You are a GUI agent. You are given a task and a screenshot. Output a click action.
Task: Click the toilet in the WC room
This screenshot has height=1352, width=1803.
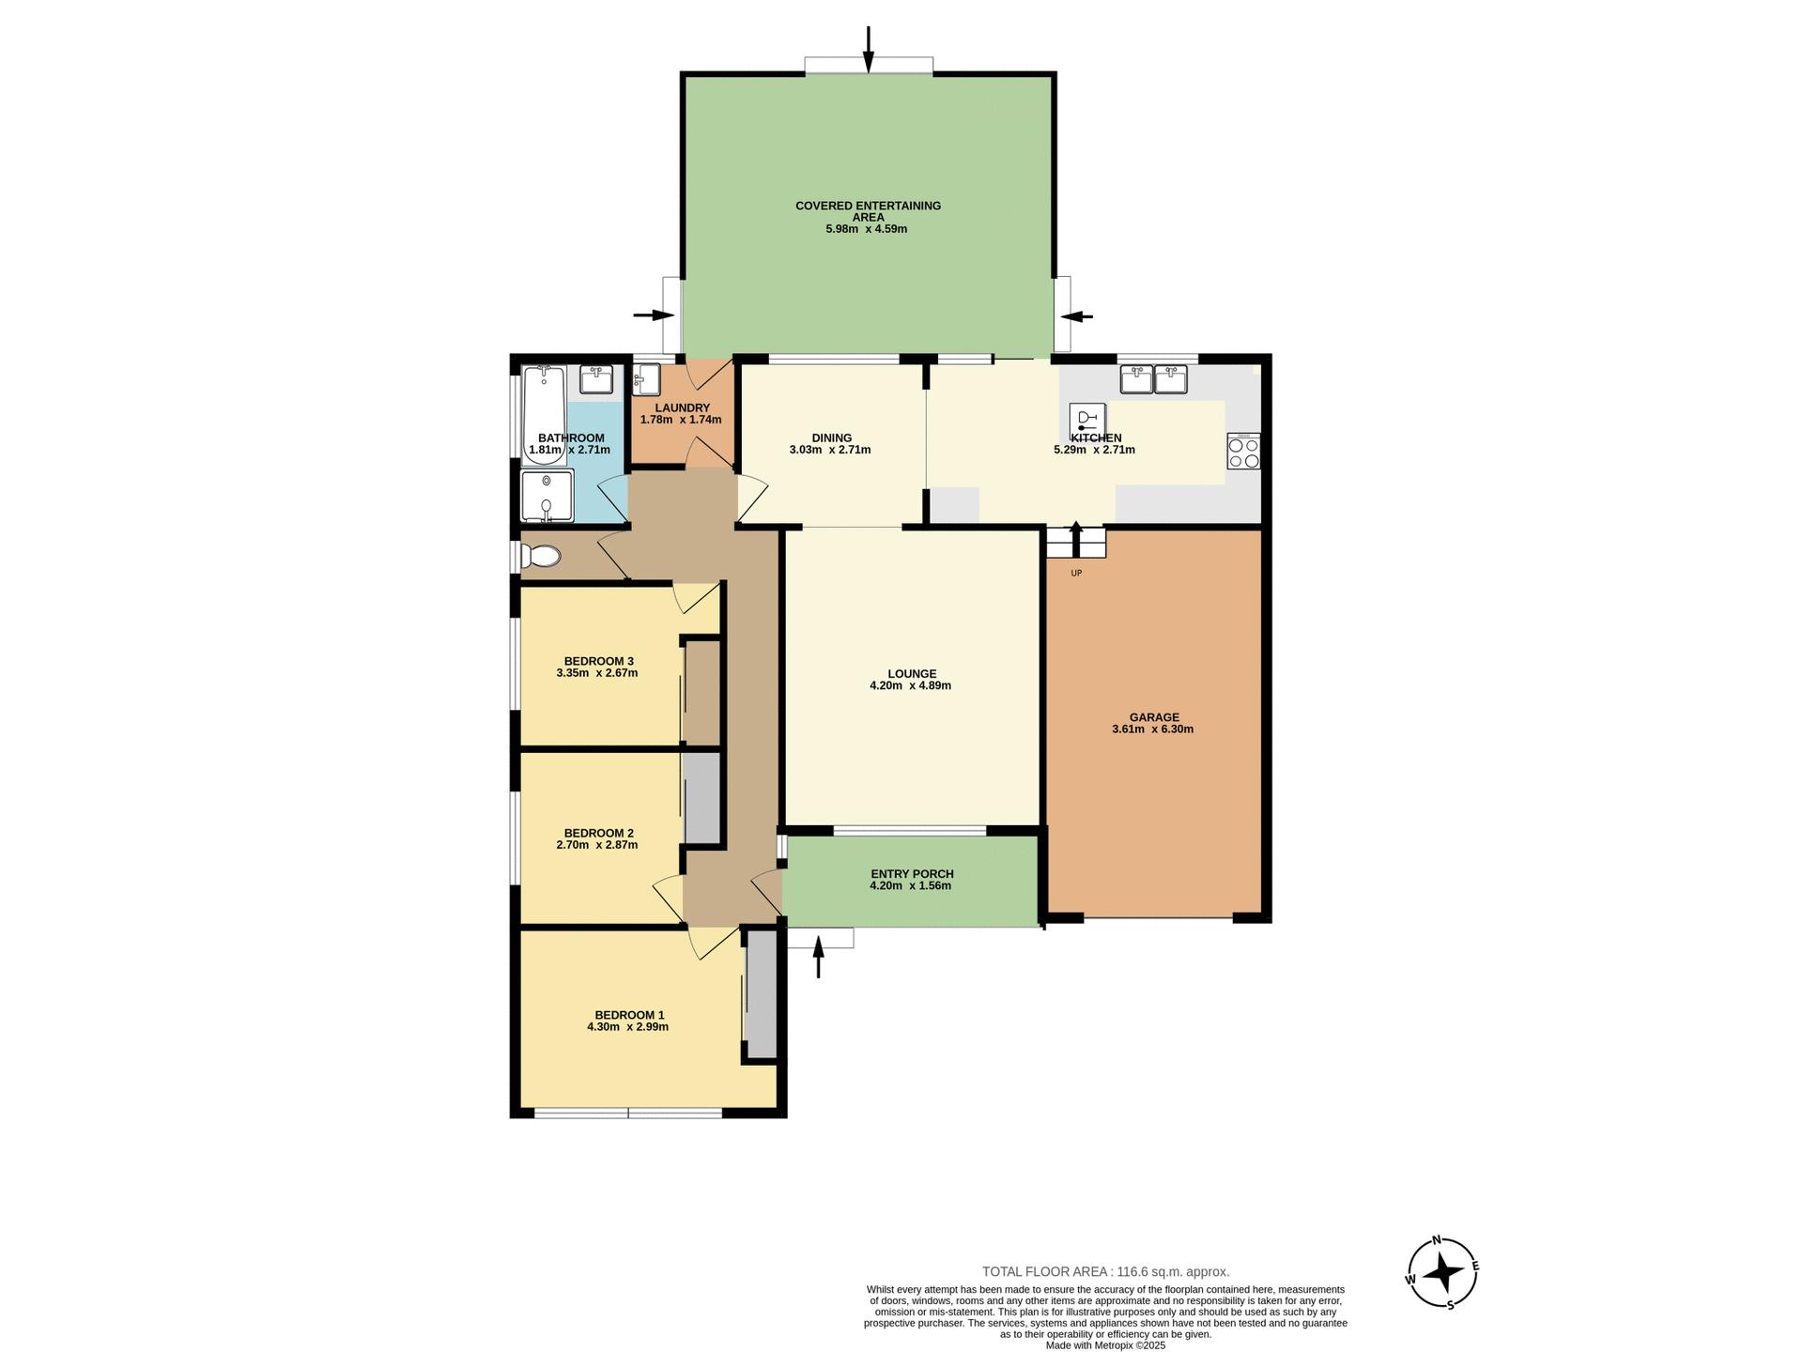pyautogui.click(x=542, y=557)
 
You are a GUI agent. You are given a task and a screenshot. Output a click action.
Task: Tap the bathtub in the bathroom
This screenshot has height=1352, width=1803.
pyautogui.click(x=544, y=413)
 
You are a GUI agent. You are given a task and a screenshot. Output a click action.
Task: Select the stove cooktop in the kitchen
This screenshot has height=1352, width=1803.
pyautogui.click(x=1243, y=453)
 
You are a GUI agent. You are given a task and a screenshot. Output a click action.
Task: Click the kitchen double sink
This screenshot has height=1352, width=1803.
pyautogui.click(x=1153, y=379)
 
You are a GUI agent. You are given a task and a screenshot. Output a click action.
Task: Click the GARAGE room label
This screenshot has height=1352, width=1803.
pyautogui.click(x=1154, y=717)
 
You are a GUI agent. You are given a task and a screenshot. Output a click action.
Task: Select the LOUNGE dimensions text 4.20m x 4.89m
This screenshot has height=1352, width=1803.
pyautogui.click(x=910, y=686)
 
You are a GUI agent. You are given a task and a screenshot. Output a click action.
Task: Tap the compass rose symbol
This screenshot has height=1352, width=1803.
pyautogui.click(x=1442, y=1273)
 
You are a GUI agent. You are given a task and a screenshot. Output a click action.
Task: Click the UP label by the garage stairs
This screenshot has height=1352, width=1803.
pyautogui.click(x=1076, y=573)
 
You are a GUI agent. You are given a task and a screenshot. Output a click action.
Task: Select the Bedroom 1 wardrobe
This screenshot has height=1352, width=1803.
pyautogui.click(x=762, y=995)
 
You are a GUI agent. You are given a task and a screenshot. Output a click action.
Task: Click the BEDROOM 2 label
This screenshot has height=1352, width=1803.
pyautogui.click(x=598, y=833)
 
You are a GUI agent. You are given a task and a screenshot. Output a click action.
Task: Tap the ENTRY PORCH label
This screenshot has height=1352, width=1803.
pyautogui.click(x=912, y=874)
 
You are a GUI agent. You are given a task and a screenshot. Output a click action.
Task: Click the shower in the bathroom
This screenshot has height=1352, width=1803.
pyautogui.click(x=547, y=496)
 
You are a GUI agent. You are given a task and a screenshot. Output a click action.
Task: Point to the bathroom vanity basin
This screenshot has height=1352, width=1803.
pyautogui.click(x=596, y=379)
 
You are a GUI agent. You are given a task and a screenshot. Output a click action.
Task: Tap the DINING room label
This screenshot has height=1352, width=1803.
pyautogui.click(x=831, y=438)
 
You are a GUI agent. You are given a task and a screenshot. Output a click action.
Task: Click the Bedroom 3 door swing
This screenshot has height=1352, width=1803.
pyautogui.click(x=694, y=597)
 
